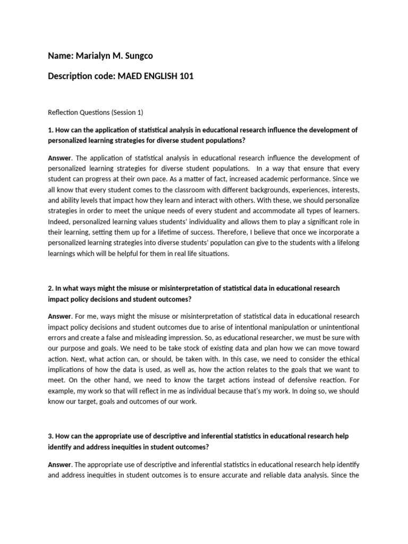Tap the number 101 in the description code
coord(186,76)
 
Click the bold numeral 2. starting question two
coord(50,288)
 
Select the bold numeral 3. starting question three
coord(50,436)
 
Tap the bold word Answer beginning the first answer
coord(59,158)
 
